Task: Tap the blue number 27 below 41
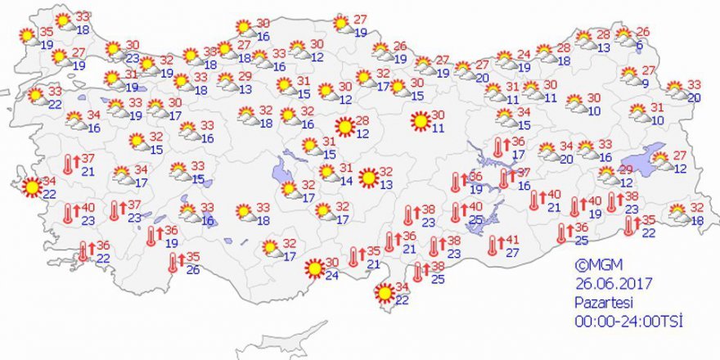click(514, 253)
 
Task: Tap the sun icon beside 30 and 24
click(314, 268)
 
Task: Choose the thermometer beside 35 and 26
click(172, 263)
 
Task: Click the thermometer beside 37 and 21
click(70, 164)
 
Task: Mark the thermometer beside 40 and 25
click(456, 214)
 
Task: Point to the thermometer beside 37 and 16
click(504, 179)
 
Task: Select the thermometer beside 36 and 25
click(561, 234)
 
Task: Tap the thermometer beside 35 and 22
click(628, 227)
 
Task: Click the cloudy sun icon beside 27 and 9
click(630, 76)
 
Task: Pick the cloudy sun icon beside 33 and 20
click(676, 89)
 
